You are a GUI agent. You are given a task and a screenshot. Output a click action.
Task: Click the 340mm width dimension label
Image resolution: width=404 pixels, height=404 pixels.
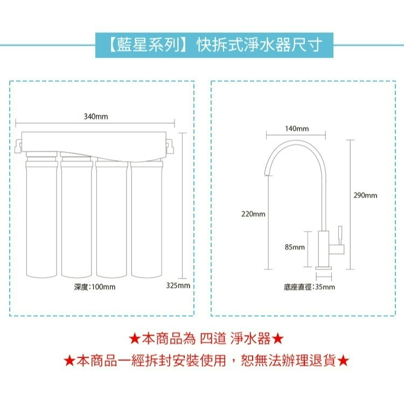tap(95, 116)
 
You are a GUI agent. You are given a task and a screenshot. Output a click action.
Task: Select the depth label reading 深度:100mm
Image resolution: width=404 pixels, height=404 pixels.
tap(95, 287)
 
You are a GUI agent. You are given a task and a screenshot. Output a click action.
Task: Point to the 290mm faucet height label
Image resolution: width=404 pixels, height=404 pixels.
tap(365, 195)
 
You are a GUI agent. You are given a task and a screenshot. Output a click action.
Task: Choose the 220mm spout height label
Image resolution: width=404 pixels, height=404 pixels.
tap(253, 214)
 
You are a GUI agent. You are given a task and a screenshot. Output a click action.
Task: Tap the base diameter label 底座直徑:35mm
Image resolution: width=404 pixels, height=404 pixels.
tap(309, 287)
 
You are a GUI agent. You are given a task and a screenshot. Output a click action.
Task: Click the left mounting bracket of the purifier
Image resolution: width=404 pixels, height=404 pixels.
tap(18, 144)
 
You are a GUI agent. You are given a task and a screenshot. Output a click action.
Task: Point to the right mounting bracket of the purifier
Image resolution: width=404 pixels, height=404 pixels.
tap(170, 144)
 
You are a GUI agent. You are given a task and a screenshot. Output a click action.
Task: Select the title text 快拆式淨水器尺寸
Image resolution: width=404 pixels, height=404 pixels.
tap(259, 45)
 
